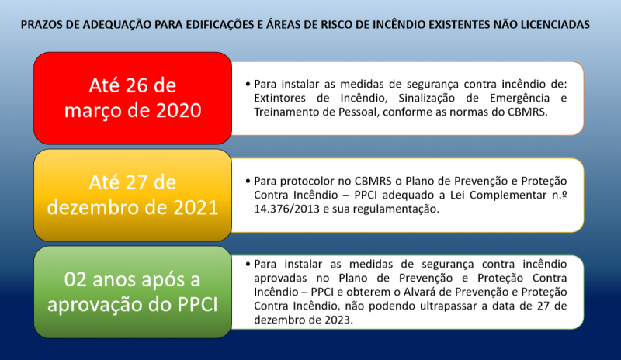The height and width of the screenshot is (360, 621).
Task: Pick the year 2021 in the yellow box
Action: click(x=196, y=207)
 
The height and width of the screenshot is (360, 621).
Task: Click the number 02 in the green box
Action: click(x=75, y=279)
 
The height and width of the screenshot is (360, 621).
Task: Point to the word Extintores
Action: click(x=274, y=98)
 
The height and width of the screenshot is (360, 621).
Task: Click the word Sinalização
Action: click(x=425, y=99)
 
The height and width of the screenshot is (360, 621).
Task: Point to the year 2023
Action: click(x=338, y=320)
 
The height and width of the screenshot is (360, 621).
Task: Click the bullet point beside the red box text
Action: click(x=248, y=84)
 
